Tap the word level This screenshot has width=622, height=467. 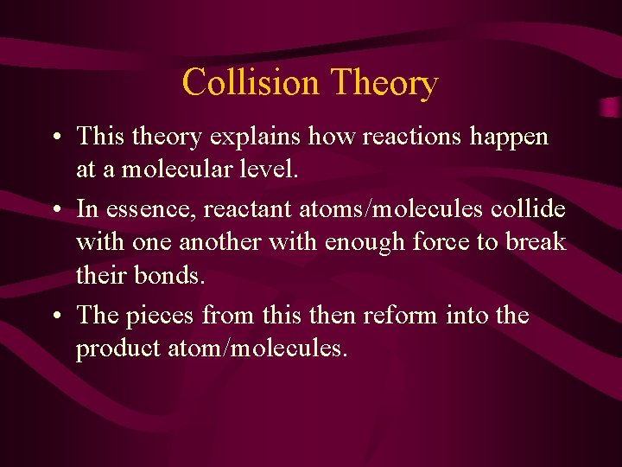pyautogui.click(x=267, y=169)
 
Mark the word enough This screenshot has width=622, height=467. pyautogui.click(x=363, y=241)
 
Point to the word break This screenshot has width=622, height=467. pyautogui.click(x=535, y=241)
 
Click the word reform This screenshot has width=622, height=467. pyautogui.click(x=394, y=316)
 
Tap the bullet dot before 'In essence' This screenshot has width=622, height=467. pyautogui.click(x=54, y=210)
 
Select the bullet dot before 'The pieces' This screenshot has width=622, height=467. pyautogui.click(x=54, y=317)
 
